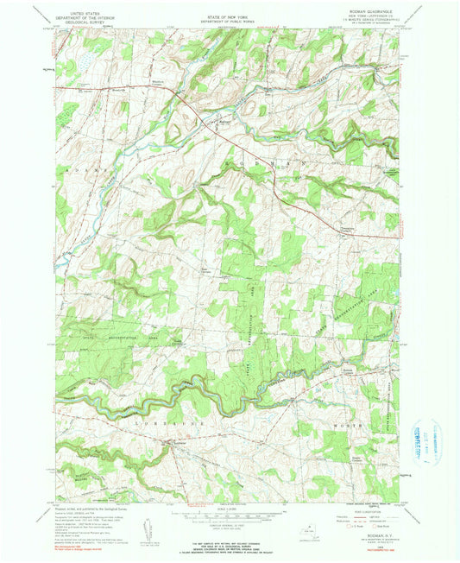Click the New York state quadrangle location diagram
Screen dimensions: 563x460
tap(309, 534)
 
